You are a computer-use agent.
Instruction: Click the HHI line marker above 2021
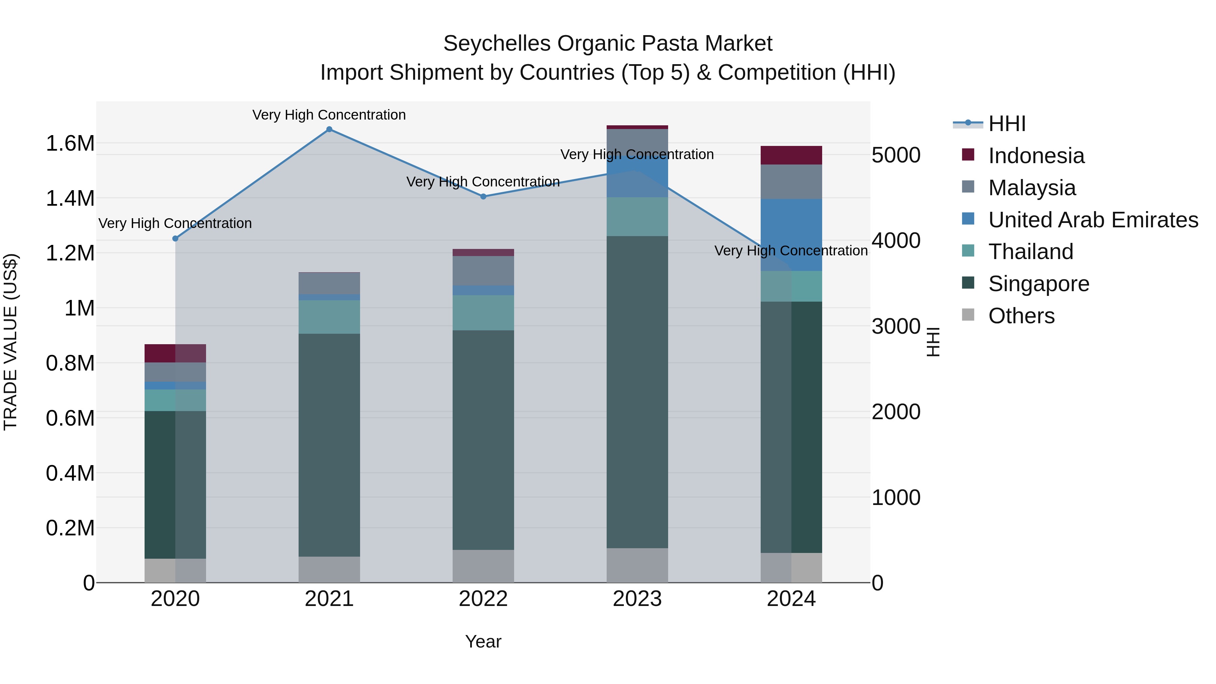pyautogui.click(x=329, y=129)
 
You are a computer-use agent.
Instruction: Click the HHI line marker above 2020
pyautogui.click(x=175, y=238)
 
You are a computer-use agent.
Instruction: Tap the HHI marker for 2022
pyautogui.click(x=483, y=196)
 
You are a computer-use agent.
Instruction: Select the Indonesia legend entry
pyautogui.click(x=1036, y=156)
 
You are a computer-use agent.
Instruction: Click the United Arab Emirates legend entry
pyautogui.click(x=1093, y=220)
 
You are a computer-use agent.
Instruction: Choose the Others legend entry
pyautogui.click(x=1021, y=316)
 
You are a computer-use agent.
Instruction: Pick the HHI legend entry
pyautogui.click(x=1007, y=124)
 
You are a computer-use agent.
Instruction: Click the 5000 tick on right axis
pyautogui.click(x=895, y=155)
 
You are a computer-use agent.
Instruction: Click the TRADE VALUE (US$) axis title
pyautogui.click(x=10, y=342)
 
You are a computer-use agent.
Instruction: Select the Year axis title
pyautogui.click(x=483, y=641)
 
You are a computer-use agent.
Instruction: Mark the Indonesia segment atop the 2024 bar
pyautogui.click(x=791, y=155)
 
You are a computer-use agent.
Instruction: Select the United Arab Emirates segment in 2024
pyautogui.click(x=791, y=235)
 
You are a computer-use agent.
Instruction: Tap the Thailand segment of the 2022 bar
pyautogui.click(x=483, y=312)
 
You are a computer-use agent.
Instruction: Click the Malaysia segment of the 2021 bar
pyautogui.click(x=329, y=284)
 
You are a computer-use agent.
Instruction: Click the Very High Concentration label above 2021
pyautogui.click(x=329, y=115)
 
